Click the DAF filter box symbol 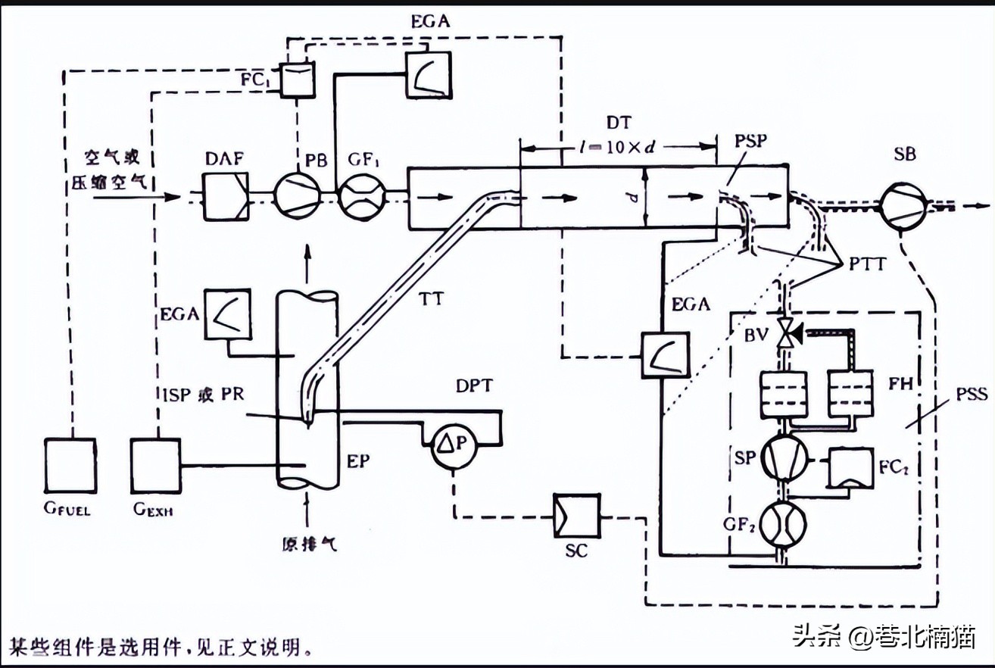tap(225, 196)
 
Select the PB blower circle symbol tap(296, 196)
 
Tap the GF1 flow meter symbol tap(360, 196)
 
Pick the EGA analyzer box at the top tap(427, 74)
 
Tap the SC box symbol tap(576, 516)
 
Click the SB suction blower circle tap(904, 204)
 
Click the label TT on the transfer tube tap(433, 300)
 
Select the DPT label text tap(473, 386)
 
